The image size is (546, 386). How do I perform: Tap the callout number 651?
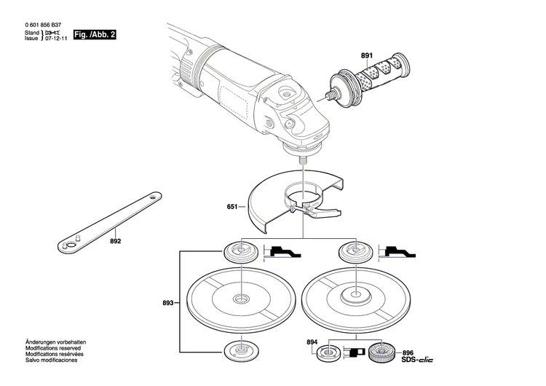coord(232,207)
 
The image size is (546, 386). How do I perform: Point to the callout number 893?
coord(168,302)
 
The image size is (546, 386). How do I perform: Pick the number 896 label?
coord(408,350)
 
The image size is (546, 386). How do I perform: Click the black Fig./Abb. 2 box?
coord(95,34)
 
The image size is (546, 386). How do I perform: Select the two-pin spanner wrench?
coord(109,223)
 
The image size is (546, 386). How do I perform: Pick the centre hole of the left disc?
coord(240,299)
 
